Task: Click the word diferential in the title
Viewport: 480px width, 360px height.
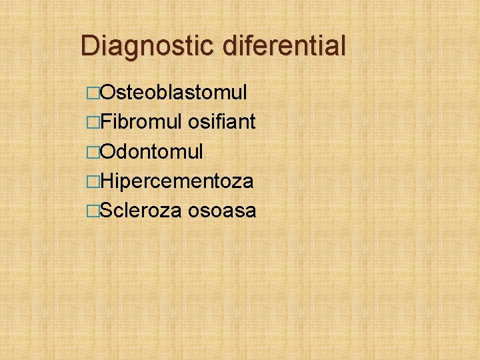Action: click(285, 46)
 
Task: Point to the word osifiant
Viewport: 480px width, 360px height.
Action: click(222, 122)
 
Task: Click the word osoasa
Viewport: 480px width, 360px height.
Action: click(222, 211)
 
